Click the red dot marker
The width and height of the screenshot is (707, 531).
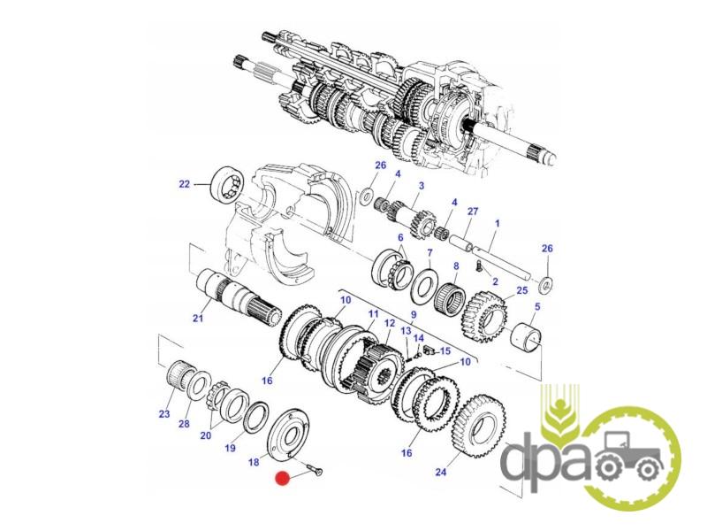pyautogui.click(x=283, y=479)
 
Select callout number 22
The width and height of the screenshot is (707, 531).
pyautogui.click(x=185, y=184)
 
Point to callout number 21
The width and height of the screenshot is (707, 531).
pyautogui.click(x=198, y=319)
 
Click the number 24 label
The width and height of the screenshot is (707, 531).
pyautogui.click(x=441, y=472)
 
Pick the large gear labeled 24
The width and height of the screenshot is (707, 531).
pyautogui.click(x=478, y=426)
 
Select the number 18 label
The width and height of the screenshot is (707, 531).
pyautogui.click(x=254, y=462)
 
